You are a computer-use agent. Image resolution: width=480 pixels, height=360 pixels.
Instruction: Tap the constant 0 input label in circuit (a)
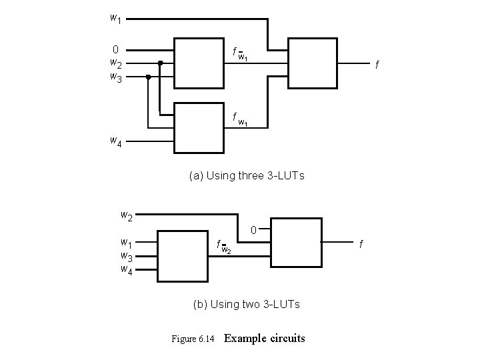click(115, 49)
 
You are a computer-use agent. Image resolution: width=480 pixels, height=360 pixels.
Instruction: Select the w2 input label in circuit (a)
click(115, 63)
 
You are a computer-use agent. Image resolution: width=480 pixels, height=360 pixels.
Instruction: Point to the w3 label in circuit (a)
click(115, 77)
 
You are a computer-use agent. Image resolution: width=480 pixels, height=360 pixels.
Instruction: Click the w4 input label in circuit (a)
click(115, 141)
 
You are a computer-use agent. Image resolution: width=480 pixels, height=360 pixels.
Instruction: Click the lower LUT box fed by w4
click(197, 127)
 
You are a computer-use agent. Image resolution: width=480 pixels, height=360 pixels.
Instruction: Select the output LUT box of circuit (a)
click(311, 63)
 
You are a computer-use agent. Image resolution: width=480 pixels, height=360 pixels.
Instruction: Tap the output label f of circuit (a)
click(377, 65)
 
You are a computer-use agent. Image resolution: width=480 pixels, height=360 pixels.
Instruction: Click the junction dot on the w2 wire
click(161, 63)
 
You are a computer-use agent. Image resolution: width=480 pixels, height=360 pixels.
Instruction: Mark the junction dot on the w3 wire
click(148, 77)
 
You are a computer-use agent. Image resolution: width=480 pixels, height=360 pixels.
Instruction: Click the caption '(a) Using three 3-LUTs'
click(247, 176)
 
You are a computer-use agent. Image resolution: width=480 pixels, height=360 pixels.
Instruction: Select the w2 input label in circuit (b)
click(125, 216)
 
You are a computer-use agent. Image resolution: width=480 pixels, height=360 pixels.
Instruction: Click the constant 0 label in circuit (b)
click(254, 231)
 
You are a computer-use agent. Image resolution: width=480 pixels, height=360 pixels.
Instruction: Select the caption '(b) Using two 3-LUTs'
click(247, 304)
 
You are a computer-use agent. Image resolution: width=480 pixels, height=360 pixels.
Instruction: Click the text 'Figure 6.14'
click(193, 339)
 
